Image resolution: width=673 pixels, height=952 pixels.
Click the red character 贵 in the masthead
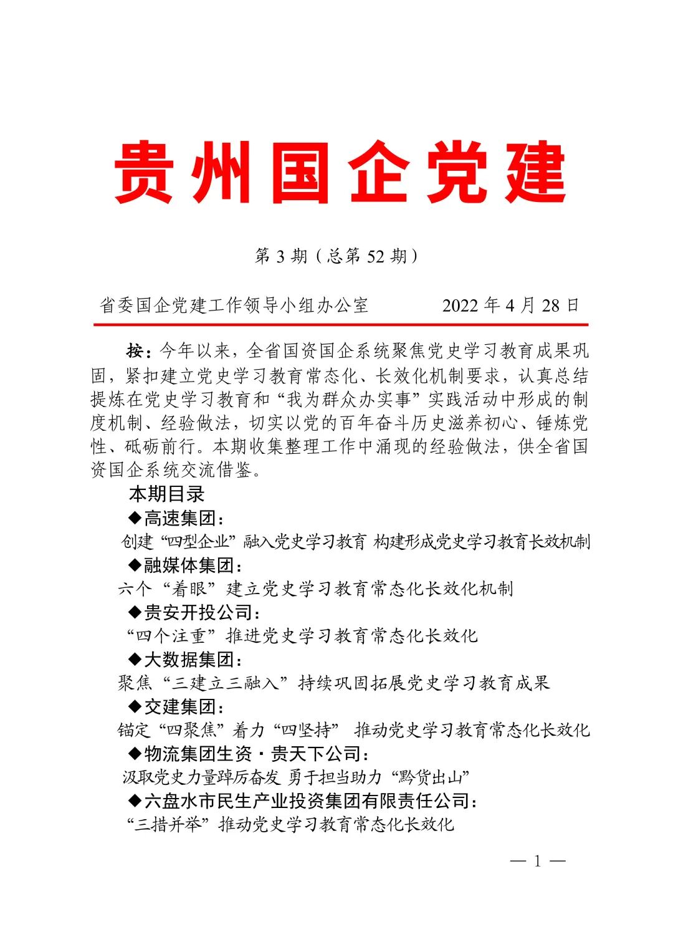point(144,172)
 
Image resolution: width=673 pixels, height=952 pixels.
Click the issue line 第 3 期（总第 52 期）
point(336,256)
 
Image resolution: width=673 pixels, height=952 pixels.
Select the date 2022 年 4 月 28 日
point(510,305)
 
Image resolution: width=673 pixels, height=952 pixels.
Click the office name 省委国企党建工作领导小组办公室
point(234,305)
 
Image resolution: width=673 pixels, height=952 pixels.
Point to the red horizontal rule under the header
point(340,325)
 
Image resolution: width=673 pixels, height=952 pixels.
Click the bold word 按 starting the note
point(135,351)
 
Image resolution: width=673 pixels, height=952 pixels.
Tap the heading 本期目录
point(167,494)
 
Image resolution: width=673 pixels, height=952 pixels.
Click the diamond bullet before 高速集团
point(135,517)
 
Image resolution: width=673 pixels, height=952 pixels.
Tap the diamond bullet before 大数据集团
point(135,659)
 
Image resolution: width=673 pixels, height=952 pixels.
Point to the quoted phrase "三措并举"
point(167,825)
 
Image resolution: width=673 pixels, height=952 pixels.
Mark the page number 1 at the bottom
point(537,862)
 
